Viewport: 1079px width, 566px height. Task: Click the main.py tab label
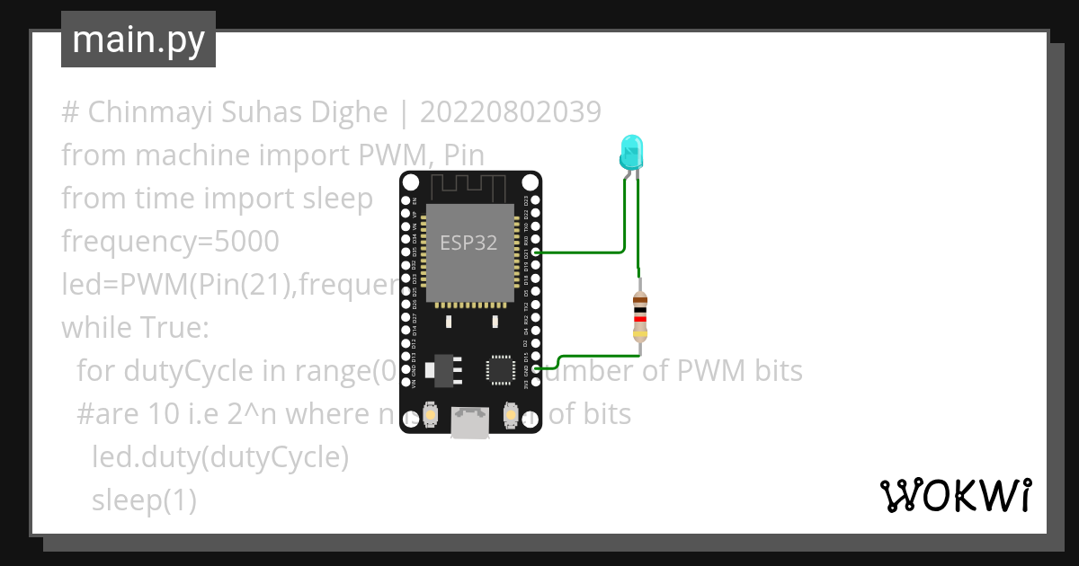(138, 40)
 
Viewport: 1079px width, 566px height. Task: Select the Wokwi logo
(954, 495)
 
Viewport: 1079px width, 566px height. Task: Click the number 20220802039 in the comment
(511, 112)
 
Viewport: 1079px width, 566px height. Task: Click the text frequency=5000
(170, 242)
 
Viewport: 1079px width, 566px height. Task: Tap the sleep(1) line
(144, 500)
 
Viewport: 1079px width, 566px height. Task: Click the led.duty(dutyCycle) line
(219, 457)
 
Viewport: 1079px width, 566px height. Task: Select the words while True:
(135, 328)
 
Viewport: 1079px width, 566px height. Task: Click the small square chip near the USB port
(500, 368)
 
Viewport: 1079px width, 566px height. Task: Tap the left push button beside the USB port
(432, 414)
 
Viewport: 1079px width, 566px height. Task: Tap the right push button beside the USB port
(510, 414)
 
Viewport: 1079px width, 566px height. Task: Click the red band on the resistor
(640, 317)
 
